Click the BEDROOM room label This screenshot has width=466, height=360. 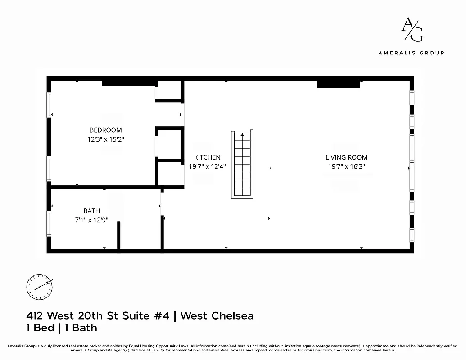[105, 130]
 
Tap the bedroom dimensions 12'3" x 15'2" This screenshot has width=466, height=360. [105, 139]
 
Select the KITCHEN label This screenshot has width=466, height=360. [207, 157]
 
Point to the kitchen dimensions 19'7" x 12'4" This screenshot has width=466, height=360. [207, 166]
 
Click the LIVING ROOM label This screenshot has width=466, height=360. [346, 157]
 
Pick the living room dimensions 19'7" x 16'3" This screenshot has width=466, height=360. [346, 166]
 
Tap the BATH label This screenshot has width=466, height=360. [91, 211]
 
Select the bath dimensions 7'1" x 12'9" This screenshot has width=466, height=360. [91, 220]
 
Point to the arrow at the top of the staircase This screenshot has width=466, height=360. [242, 134]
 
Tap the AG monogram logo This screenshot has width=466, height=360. [412, 30]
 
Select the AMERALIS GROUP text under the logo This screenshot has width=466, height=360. [411, 53]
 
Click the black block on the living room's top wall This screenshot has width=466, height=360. [338, 84]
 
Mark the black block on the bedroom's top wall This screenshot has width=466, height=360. [129, 82]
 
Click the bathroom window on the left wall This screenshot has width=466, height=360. [49, 223]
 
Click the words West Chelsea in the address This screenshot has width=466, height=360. [217, 315]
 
